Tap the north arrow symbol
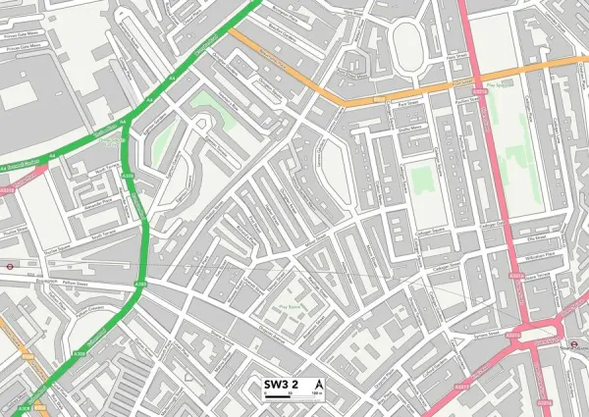click(317, 383)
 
